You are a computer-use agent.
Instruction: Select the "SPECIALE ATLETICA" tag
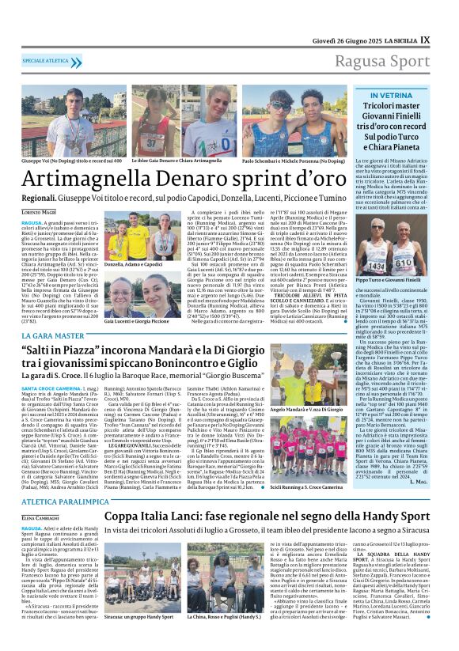click(45, 60)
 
